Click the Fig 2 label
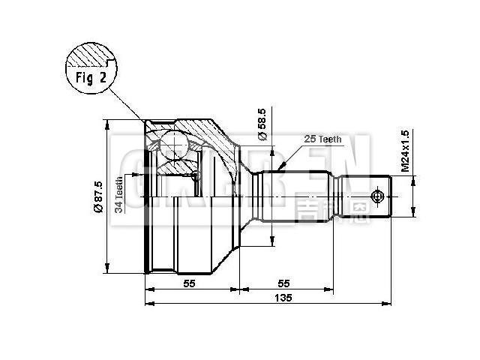click(x=91, y=77)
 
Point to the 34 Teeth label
click(x=119, y=195)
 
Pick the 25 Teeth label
click(x=322, y=139)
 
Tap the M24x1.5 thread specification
click(x=405, y=151)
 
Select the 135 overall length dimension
click(x=282, y=298)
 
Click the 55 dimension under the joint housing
click(x=190, y=283)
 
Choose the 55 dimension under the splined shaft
click(x=284, y=283)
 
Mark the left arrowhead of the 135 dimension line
click(x=148, y=304)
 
